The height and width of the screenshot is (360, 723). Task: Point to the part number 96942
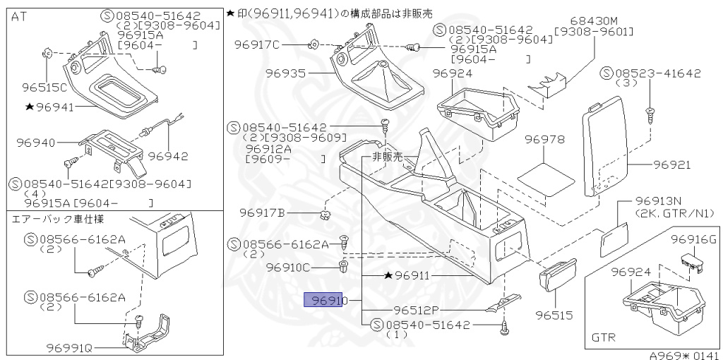click(x=169, y=156)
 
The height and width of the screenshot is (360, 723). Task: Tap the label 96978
click(x=544, y=140)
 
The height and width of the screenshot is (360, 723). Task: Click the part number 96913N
click(x=659, y=201)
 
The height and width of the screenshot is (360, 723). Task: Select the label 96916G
click(x=693, y=239)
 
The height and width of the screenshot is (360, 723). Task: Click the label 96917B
click(x=261, y=212)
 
